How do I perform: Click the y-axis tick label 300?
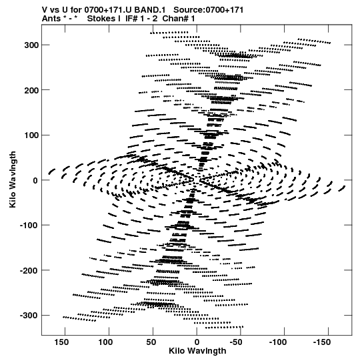pyautogui.click(x=31, y=45)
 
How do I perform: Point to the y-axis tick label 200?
pyautogui.click(x=31, y=90)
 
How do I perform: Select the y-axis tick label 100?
pyautogui.click(x=31, y=135)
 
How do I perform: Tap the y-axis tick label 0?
pyautogui.click(x=35, y=180)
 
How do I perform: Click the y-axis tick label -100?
pyautogui.click(x=29, y=225)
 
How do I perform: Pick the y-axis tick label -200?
pyautogui.click(x=29, y=270)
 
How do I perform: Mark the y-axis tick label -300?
pyautogui.click(x=29, y=316)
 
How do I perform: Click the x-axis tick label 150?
pyautogui.click(x=61, y=342)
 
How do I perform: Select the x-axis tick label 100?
pyautogui.click(x=105, y=342)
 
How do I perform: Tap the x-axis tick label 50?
pyautogui.click(x=151, y=342)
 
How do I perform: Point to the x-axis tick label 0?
pyautogui.click(x=197, y=342)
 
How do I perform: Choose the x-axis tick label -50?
pyautogui.click(x=236, y=342)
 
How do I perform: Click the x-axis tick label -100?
pyautogui.click(x=278, y=342)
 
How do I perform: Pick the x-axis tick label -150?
pyautogui.click(x=322, y=342)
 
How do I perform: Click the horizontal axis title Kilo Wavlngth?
pyautogui.click(x=197, y=351)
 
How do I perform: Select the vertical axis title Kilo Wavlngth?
pyautogui.click(x=13, y=179)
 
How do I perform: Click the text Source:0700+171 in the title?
pyautogui.click(x=209, y=10)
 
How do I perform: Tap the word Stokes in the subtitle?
pyautogui.click(x=104, y=19)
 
